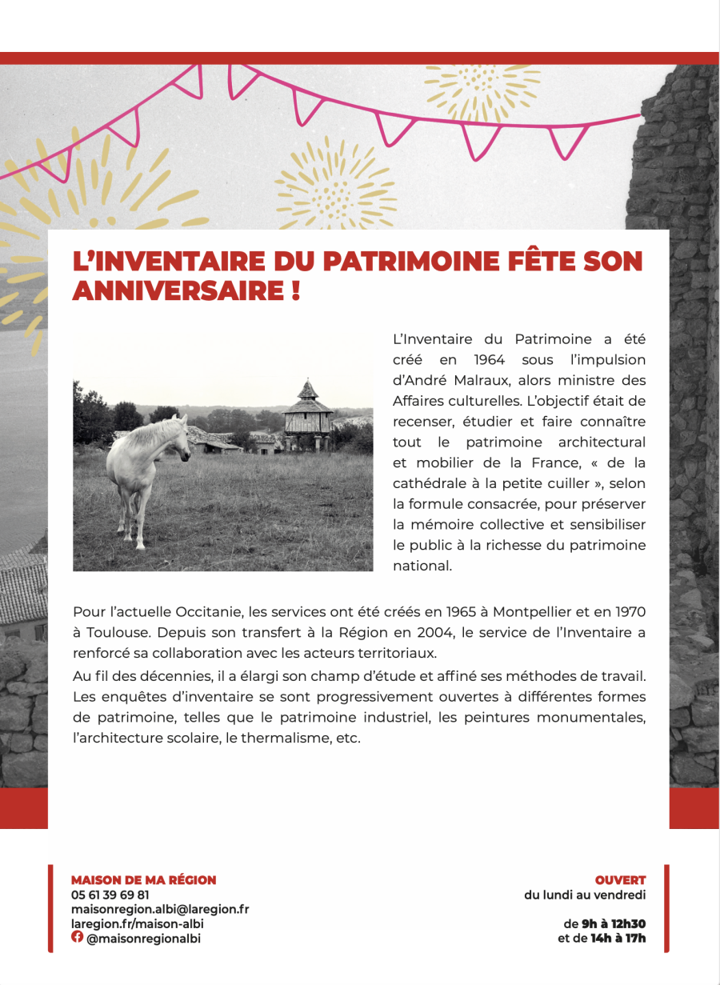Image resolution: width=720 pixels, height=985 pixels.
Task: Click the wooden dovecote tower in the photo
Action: (308, 412)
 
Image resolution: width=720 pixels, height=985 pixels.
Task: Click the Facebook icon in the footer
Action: (77, 937)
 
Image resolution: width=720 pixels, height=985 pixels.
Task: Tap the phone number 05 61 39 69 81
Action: (110, 895)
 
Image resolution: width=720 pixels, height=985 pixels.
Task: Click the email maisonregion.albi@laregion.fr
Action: (160, 909)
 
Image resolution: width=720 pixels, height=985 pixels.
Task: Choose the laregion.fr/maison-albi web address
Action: (138, 923)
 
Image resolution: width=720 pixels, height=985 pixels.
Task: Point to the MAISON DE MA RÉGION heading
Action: (144, 880)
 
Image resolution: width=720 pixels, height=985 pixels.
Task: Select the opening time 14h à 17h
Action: (618, 938)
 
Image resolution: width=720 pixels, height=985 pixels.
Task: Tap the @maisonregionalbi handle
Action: (144, 938)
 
